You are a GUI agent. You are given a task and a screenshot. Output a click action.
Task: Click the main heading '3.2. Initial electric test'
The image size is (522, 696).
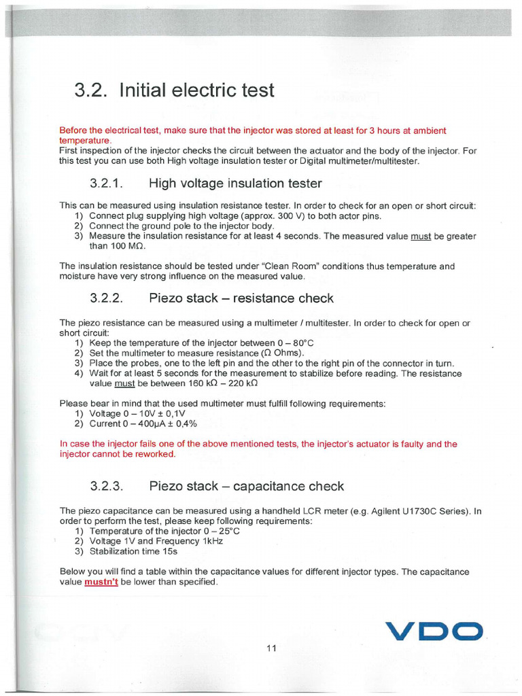174,90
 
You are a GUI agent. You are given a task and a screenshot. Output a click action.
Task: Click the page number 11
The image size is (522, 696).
271,648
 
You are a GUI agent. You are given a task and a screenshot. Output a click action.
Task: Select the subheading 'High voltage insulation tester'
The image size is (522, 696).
235,184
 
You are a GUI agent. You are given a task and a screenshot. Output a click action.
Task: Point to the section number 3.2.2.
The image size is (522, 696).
106,298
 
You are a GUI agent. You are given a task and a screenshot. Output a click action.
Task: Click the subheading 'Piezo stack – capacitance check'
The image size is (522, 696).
246,487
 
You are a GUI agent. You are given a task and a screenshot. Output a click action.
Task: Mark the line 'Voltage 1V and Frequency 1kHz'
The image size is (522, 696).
156,541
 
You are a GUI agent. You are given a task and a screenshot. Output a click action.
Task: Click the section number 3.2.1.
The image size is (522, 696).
106,184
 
